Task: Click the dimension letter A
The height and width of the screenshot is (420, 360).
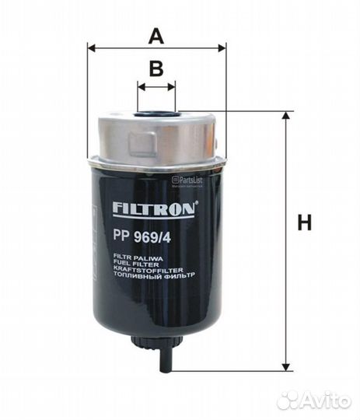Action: pyautogui.click(x=156, y=35)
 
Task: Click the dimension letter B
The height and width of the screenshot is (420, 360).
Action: pyautogui.click(x=156, y=68)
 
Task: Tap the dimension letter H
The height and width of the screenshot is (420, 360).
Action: pyautogui.click(x=304, y=223)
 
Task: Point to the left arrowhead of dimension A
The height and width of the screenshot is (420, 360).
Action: pyautogui.click(x=92, y=48)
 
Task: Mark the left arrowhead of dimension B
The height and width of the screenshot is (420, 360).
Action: pyautogui.click(x=141, y=88)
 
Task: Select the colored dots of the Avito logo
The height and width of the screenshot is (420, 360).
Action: pyautogui.click(x=289, y=399)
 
